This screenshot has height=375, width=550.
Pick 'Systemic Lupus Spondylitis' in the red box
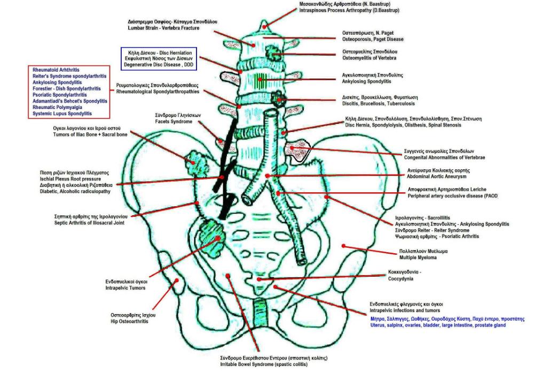(62, 114)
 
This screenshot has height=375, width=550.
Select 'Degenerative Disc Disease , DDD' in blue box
(159, 64)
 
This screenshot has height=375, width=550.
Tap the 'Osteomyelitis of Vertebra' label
(374, 58)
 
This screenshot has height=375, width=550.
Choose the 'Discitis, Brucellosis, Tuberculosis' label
(380, 104)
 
